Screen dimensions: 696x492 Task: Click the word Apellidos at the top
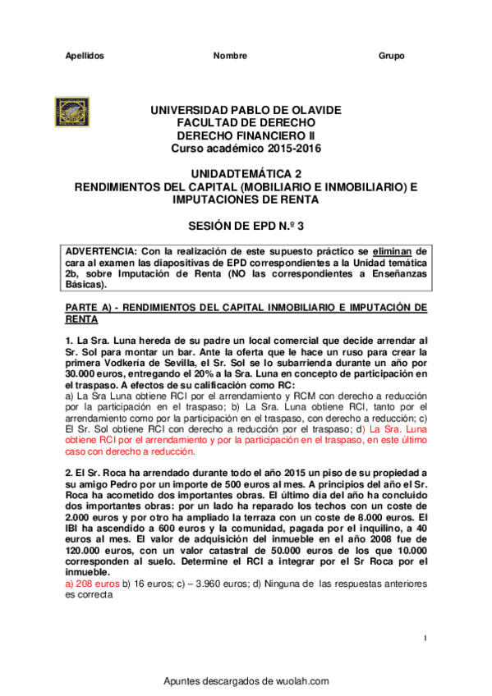84,56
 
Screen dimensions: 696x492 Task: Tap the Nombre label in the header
230,56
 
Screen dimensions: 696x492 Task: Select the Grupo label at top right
391,56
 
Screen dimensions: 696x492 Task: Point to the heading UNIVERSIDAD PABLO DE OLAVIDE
246,110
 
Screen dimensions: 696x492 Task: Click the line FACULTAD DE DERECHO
246,122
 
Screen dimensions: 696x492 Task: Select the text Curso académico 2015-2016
246,148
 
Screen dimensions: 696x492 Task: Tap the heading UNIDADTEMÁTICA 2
246,174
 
